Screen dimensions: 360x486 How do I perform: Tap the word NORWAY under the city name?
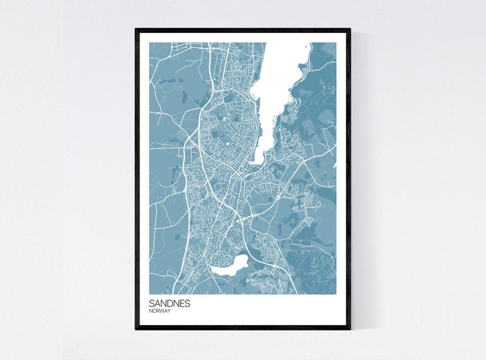tap(160, 311)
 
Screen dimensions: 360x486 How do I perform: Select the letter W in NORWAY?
tap(162, 311)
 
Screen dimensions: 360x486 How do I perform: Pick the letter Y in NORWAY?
tap(169, 311)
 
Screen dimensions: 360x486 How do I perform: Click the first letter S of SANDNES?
tap(151, 303)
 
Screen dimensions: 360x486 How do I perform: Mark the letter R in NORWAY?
tap(158, 311)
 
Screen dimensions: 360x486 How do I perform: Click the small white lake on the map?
tap(230, 266)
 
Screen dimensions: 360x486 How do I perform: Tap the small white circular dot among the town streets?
tap(228, 144)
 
